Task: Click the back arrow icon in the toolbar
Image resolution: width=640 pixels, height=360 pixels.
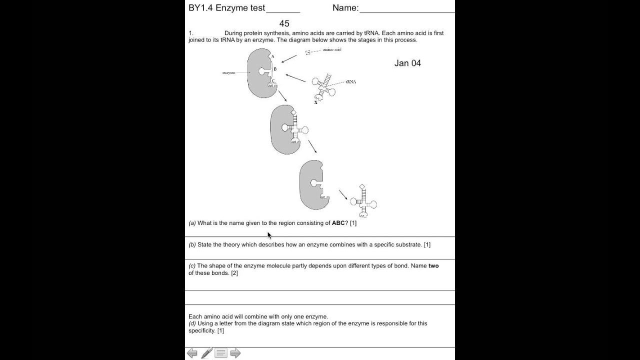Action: point(192,353)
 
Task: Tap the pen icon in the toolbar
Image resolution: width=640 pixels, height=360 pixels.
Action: point(206,353)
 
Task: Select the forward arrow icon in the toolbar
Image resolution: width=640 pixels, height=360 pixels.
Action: point(235,353)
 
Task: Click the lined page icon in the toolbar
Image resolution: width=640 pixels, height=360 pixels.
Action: point(221,353)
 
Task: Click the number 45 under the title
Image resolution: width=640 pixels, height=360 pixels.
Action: point(284,23)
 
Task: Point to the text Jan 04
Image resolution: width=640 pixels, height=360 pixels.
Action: point(407,63)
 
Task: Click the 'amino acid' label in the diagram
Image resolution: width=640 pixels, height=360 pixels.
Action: point(332,50)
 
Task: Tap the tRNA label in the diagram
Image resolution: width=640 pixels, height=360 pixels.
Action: point(350,81)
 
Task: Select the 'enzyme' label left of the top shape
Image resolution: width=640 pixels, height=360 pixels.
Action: point(228,73)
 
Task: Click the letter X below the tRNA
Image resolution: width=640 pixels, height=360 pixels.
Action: point(315,102)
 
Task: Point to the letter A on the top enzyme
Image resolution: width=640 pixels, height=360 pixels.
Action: point(272,56)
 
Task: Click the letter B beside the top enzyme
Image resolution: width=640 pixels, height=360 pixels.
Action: point(275,69)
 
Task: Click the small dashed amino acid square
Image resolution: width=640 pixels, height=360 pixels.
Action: point(308,52)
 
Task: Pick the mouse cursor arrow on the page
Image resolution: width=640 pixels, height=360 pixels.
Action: point(269,235)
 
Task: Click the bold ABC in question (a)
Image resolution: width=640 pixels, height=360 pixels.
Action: point(338,223)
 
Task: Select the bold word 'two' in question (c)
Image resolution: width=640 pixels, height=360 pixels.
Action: point(433,266)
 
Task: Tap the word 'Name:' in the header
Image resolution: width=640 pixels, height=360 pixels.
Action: point(345,8)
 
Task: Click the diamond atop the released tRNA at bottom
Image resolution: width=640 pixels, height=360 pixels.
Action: point(362,186)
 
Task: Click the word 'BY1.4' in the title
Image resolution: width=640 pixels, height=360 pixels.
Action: point(200,8)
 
